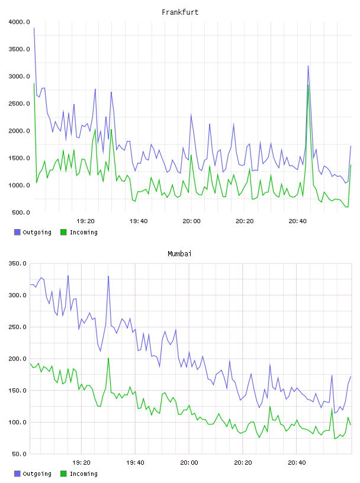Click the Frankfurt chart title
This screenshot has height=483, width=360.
180,12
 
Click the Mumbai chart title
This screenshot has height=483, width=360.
179,254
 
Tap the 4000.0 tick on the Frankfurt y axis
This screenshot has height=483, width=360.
20,22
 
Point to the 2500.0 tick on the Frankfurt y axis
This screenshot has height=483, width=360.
20,104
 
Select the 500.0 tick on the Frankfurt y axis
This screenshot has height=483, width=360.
21,212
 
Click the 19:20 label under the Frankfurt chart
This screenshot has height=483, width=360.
85,221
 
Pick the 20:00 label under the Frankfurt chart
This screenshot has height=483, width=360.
191,221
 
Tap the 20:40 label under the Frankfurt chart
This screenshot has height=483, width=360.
297,221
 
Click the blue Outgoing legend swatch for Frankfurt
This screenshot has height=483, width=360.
17,232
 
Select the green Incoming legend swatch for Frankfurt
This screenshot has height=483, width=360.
63,232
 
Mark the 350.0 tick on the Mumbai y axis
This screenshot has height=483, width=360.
18,263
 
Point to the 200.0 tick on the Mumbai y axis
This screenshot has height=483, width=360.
18,359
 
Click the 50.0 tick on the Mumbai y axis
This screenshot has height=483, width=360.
19,454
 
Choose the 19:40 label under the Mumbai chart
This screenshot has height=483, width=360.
135,463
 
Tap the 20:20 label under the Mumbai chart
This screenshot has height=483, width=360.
243,463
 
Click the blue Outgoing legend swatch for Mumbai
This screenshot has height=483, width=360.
17,474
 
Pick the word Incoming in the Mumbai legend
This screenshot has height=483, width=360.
83,474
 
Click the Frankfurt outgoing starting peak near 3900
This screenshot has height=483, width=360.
34,28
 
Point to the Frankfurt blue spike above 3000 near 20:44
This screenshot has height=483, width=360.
308,66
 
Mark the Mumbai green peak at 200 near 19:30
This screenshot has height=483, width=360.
108,358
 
